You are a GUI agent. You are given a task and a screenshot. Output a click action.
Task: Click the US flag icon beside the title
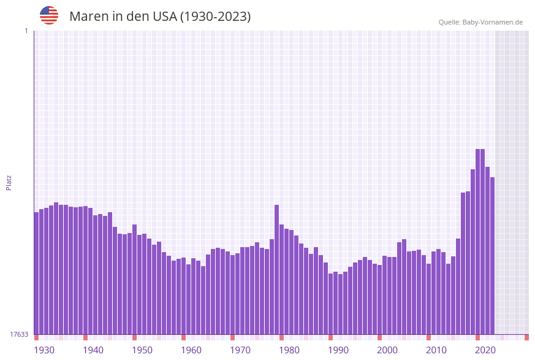tap(49, 15)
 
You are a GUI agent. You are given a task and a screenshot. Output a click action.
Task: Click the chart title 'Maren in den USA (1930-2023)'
tap(160, 17)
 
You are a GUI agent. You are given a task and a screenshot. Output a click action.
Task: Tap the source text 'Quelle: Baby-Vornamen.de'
tap(480, 22)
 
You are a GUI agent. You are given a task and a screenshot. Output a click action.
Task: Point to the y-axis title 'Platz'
tap(9, 182)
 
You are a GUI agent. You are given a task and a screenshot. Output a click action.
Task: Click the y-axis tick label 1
tap(26, 31)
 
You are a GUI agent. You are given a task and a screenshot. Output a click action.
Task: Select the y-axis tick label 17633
tap(19, 334)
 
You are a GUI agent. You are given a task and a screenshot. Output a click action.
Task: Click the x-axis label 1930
tap(44, 350)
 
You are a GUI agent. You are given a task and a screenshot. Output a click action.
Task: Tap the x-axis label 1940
tap(93, 350)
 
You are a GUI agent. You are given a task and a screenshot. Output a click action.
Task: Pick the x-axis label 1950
tap(142, 350)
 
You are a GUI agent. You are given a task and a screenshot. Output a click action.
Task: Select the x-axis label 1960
tap(191, 350)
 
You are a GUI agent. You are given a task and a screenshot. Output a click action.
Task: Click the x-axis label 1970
tap(240, 350)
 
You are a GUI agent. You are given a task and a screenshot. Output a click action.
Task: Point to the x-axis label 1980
tap(289, 350)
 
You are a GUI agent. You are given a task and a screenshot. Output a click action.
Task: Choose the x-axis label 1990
tap(338, 350)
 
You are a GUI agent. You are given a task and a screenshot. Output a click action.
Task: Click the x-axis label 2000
tap(387, 350)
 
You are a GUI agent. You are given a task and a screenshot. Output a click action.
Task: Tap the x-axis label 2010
tap(436, 350)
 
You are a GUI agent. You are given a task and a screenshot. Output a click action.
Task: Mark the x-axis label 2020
tap(485, 350)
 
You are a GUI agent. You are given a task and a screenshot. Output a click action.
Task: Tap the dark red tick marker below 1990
tap(331, 337)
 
